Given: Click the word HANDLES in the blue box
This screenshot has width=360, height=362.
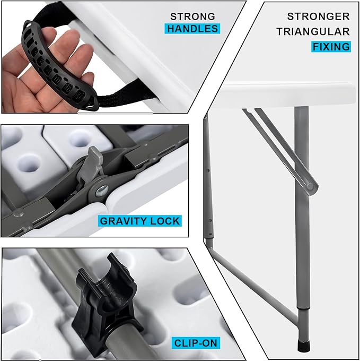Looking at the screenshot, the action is click(x=192, y=29).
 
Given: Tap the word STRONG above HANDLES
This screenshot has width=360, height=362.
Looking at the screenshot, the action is click(x=192, y=16).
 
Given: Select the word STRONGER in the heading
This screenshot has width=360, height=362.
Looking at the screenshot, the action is click(x=318, y=16).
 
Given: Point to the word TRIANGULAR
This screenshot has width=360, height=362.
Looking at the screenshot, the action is click(x=313, y=32).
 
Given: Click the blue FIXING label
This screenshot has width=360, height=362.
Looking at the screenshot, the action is click(x=331, y=47).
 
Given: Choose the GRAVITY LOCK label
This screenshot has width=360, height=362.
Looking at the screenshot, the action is click(x=140, y=221).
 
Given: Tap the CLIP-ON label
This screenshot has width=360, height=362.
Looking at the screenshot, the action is click(x=196, y=343).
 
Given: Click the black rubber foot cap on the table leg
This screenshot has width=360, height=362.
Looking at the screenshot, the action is click(x=303, y=346).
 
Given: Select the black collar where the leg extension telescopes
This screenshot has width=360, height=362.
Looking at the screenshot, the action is click(x=303, y=308).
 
